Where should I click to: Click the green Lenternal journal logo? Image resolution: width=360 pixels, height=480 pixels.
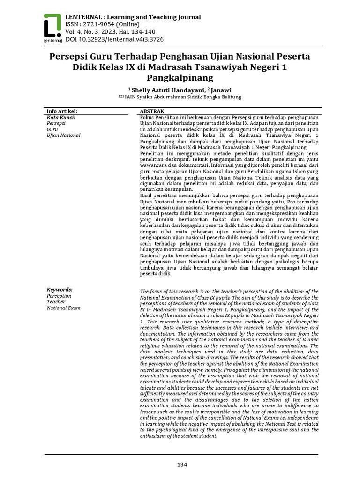click(x=52, y=27)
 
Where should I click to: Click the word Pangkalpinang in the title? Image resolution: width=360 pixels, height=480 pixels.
click(x=180, y=77)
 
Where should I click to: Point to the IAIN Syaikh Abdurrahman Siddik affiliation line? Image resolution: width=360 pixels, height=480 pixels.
click(x=180, y=97)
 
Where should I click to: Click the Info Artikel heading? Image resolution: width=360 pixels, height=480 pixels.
click(x=61, y=111)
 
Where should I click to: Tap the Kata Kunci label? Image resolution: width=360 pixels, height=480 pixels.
click(x=61, y=117)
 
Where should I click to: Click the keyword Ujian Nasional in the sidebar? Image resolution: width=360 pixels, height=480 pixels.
click(x=63, y=135)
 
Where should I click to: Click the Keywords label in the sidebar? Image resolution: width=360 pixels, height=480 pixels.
click(x=60, y=290)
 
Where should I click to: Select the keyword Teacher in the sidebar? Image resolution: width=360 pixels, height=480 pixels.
click(x=56, y=302)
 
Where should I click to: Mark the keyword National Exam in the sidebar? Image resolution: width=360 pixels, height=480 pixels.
click(x=63, y=308)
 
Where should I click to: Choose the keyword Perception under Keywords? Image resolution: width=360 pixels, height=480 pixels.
click(x=59, y=296)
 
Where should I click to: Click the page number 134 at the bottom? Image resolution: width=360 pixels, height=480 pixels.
click(x=181, y=465)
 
